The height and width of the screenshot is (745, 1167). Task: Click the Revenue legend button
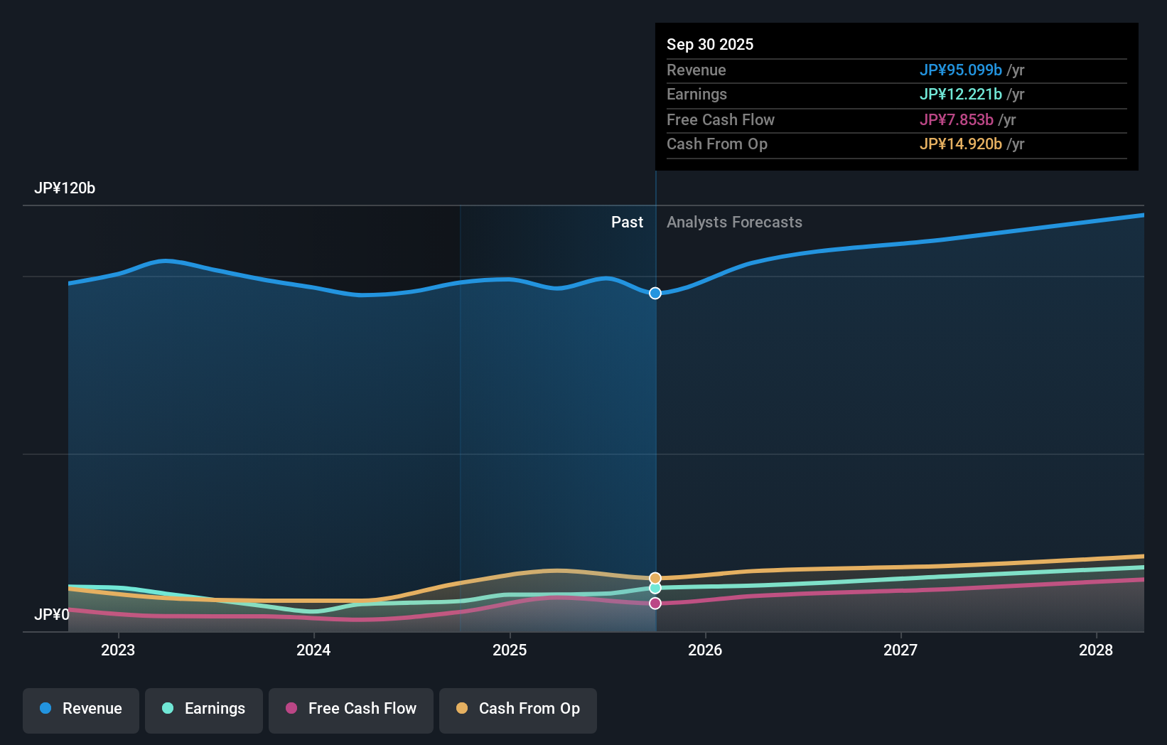(81, 709)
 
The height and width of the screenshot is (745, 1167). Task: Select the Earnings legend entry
(204, 709)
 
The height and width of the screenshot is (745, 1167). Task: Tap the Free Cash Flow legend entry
(351, 709)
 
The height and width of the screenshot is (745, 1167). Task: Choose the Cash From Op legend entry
(518, 709)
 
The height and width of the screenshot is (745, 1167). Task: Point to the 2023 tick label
(118, 650)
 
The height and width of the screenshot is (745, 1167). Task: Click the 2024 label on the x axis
(313, 650)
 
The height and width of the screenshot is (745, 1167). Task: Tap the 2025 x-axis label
(510, 650)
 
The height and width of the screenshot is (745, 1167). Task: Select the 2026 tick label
(705, 650)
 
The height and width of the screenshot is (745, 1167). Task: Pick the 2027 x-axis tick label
(900, 650)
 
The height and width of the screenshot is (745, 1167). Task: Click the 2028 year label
(1096, 650)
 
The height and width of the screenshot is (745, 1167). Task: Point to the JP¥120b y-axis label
(65, 188)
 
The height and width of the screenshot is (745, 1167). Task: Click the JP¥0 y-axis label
(52, 614)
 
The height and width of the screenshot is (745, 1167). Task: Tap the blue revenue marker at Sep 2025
(655, 293)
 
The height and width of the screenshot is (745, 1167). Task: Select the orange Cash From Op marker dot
(655, 578)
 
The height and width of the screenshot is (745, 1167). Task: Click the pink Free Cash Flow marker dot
(655, 604)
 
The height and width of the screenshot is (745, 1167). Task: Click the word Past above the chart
(627, 223)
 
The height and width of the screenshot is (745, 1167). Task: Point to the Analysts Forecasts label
(734, 223)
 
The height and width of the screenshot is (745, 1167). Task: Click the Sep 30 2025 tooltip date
(710, 45)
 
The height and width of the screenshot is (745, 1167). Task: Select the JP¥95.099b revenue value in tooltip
(960, 70)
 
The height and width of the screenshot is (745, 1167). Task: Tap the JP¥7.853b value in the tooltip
(956, 120)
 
